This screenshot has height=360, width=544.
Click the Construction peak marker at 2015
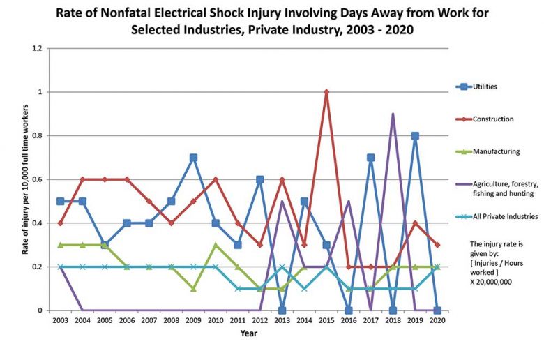pos(326,92)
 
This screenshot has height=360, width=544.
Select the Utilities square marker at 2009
pos(193,158)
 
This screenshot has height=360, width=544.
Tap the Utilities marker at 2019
pos(415,136)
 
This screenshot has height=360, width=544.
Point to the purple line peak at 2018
pos(393,114)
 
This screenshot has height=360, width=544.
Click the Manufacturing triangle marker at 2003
pos(61,245)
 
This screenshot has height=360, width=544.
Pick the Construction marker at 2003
pos(61,223)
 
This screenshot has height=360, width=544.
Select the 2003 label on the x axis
pos(61,322)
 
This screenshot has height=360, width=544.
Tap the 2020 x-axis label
pos(437,322)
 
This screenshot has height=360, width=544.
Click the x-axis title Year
pos(248,333)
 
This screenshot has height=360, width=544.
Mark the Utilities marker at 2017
pos(370,158)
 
